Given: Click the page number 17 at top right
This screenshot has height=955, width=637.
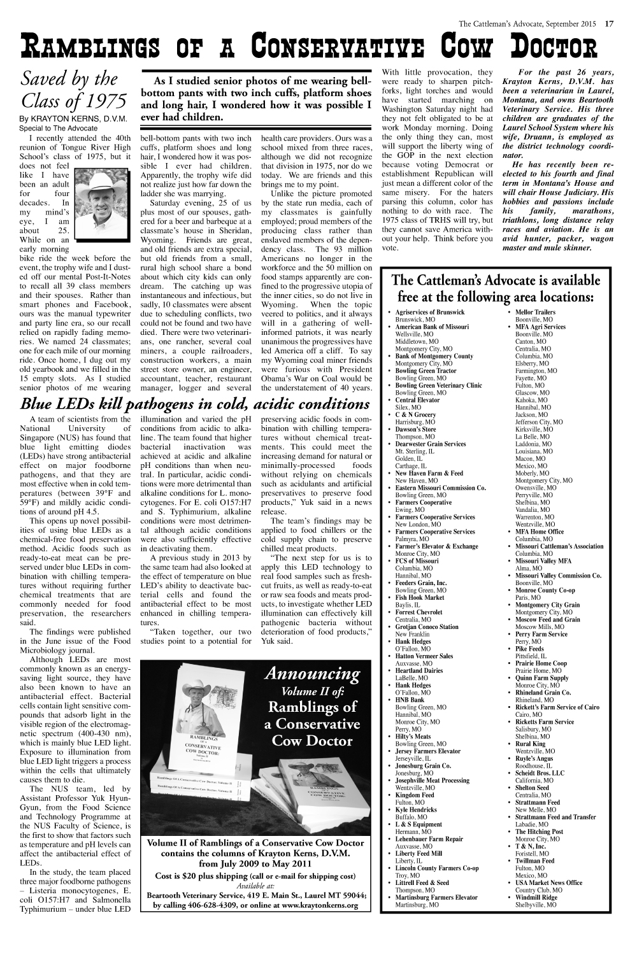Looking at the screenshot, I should (x=609, y=25).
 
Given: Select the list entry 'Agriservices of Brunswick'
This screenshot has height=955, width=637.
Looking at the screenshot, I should (x=430, y=312).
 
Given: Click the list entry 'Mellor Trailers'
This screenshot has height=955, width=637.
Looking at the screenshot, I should (x=535, y=312).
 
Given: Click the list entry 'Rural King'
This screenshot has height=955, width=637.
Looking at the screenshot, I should (x=530, y=744).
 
